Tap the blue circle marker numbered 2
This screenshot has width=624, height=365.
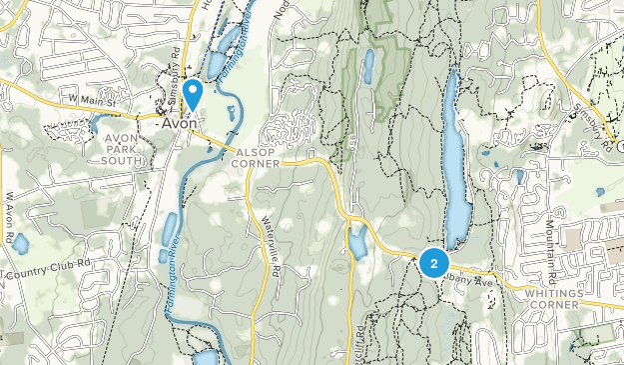tap(433, 262)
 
